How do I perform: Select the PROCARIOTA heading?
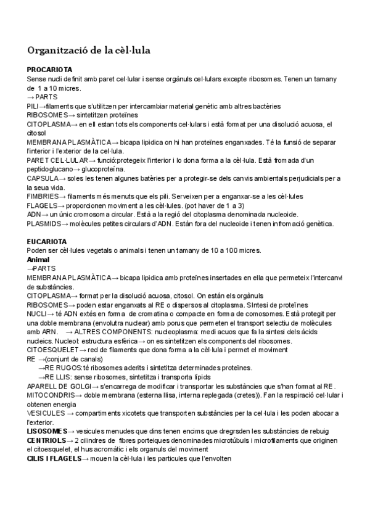tap(50, 70)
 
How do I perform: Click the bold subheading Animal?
tap(38, 260)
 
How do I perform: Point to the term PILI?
tap(32, 106)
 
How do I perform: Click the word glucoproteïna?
tap(104, 169)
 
